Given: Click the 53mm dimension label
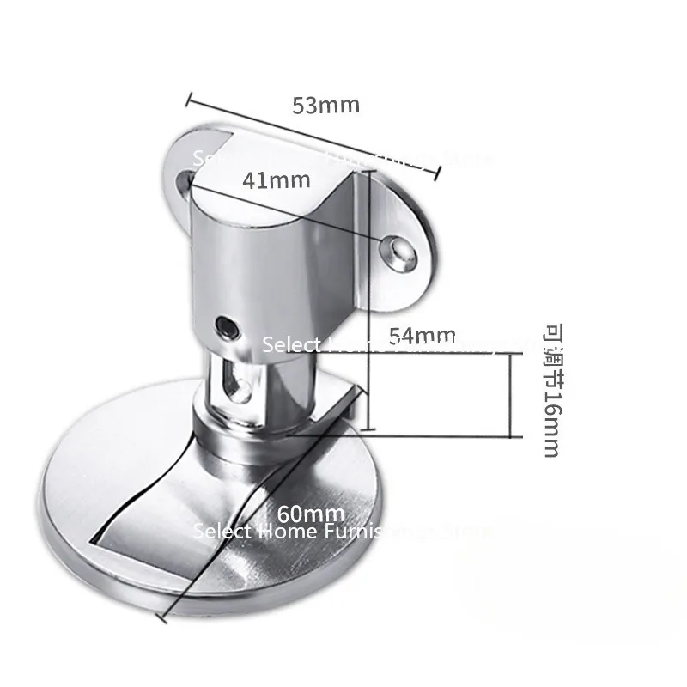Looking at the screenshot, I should pyautogui.click(x=325, y=106).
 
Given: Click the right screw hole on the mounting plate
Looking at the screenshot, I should pyautogui.click(x=398, y=250).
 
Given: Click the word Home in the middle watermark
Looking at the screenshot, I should pyautogui.click(x=350, y=344).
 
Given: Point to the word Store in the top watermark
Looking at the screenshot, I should pyautogui.click(x=467, y=159).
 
